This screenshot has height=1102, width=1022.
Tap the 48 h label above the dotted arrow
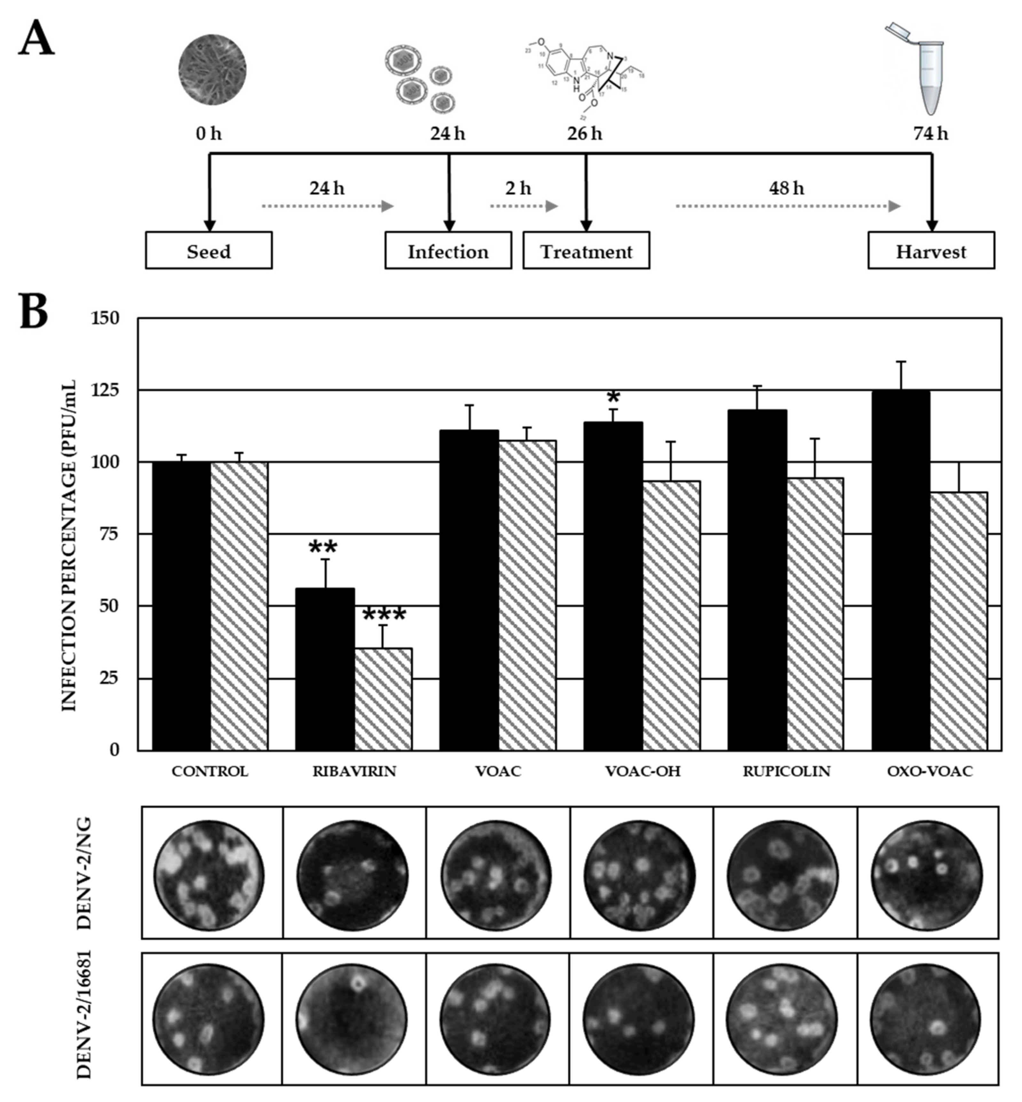pos(786,189)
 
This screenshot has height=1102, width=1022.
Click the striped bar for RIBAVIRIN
pos(383,699)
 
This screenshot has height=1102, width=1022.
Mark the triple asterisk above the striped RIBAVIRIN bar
pos(384,616)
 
